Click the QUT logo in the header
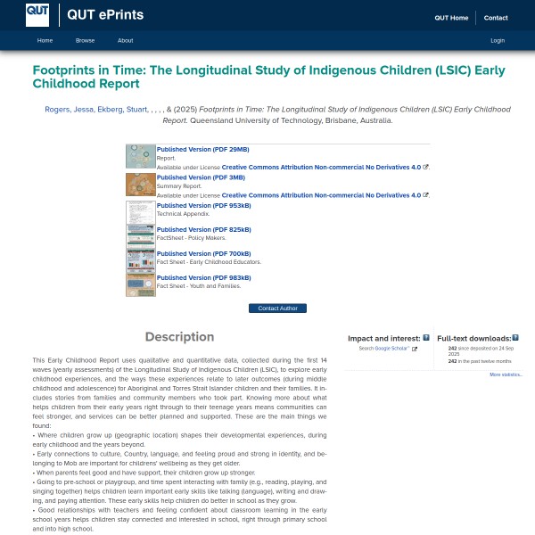(x=38, y=14)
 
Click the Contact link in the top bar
(x=496, y=18)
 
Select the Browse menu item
(x=85, y=40)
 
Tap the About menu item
(x=126, y=40)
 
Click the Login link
(x=498, y=40)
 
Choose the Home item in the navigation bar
(x=45, y=40)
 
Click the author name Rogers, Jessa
(x=69, y=110)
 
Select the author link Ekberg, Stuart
(x=123, y=110)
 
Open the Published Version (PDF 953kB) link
(x=204, y=205)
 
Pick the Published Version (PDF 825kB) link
(x=204, y=229)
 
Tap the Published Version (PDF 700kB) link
(x=204, y=254)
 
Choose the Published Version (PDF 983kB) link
(x=204, y=278)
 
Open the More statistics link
(x=506, y=374)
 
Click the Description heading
(x=179, y=337)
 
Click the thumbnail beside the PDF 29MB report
(x=141, y=156)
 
